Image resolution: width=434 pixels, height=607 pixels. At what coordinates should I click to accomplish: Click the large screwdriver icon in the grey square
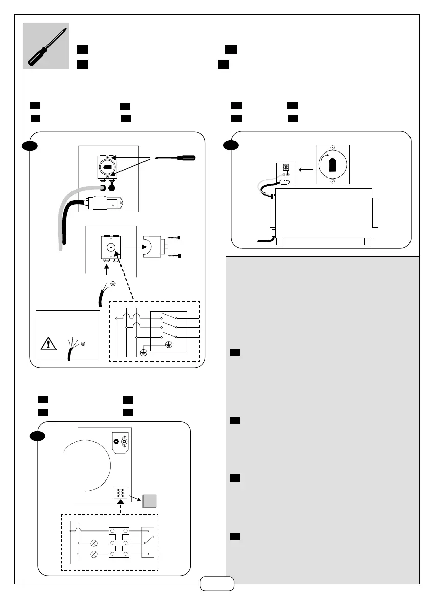(x=46, y=46)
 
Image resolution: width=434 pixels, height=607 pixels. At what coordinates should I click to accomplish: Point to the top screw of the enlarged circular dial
(x=333, y=148)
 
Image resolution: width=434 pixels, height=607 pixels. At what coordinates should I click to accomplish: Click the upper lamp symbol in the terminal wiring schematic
(x=93, y=543)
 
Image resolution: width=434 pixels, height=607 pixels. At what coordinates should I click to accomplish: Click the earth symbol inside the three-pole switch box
(x=169, y=344)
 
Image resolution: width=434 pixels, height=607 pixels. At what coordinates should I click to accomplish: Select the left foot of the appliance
(x=279, y=241)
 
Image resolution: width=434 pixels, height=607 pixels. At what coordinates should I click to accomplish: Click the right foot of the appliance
(x=367, y=241)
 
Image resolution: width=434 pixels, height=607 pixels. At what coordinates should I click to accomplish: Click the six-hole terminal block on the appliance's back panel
(x=120, y=495)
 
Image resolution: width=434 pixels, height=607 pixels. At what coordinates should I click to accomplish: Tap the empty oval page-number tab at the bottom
(x=217, y=584)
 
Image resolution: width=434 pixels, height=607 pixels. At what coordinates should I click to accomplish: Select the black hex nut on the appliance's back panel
(x=117, y=440)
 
